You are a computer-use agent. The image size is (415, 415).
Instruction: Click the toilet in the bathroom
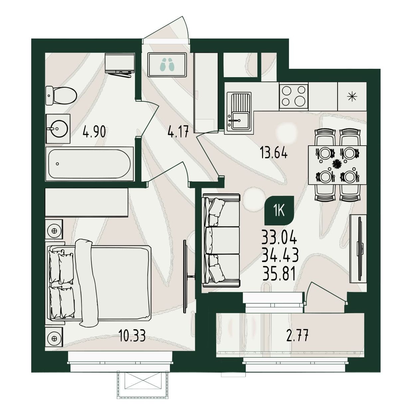[x=61, y=96]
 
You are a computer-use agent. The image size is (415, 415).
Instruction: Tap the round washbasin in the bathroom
[x=58, y=129]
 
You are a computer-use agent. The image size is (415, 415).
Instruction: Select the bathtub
[x=89, y=164]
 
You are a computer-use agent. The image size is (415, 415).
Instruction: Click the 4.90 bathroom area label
[x=94, y=132]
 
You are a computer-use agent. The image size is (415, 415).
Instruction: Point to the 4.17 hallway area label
[x=178, y=132]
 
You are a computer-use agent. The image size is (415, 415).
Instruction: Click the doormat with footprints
[x=167, y=65]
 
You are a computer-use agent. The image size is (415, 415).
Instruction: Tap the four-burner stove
[x=294, y=96]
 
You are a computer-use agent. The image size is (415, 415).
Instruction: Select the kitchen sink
[x=238, y=111]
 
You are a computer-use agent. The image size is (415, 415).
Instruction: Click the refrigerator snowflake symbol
[x=352, y=96]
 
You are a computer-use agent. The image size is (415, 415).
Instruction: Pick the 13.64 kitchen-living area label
[x=274, y=153]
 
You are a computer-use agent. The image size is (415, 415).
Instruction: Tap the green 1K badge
[x=279, y=210]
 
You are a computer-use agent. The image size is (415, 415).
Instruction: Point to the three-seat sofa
[x=221, y=240]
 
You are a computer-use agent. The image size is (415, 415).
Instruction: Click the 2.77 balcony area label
[x=297, y=337]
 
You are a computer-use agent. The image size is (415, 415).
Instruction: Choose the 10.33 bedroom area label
[x=132, y=336]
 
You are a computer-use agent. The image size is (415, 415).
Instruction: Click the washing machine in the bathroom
[x=120, y=65]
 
